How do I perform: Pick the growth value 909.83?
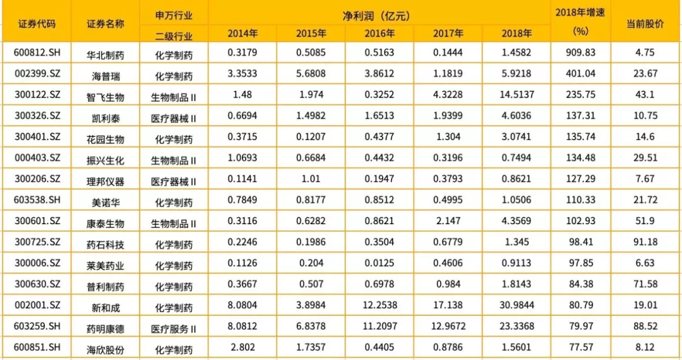[x=580, y=52]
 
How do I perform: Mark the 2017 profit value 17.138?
[x=448, y=305]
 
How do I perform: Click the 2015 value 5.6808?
[x=311, y=74]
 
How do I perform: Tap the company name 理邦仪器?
[x=105, y=182]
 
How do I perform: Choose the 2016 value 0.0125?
[x=380, y=263]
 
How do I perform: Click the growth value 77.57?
[x=580, y=347]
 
